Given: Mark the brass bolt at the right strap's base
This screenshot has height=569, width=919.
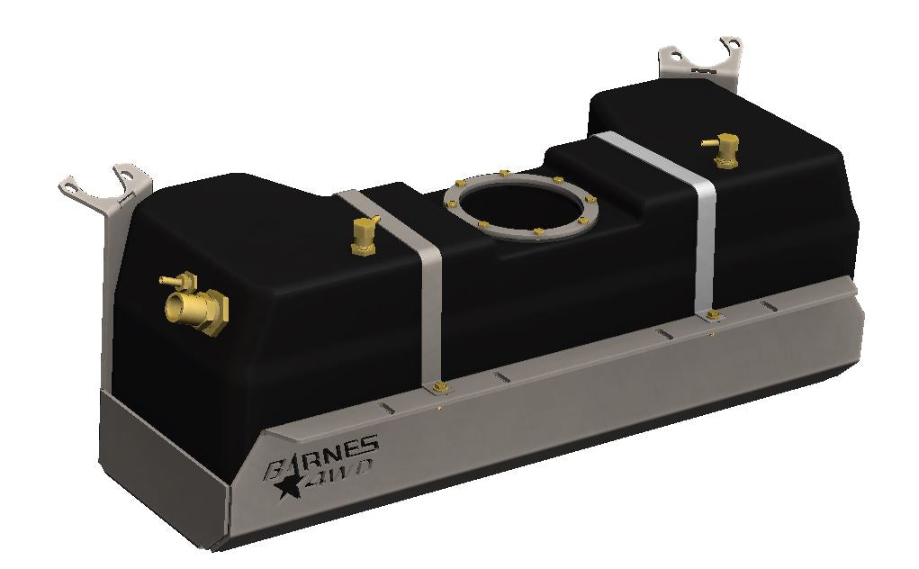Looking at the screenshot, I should click(x=714, y=314).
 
